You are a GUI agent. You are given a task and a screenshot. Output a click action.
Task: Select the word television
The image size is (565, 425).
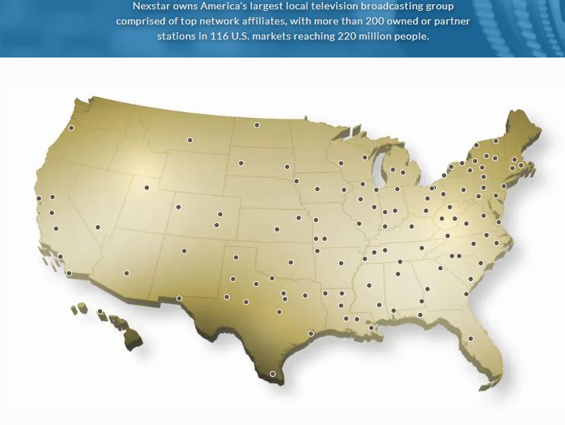pos(327,6)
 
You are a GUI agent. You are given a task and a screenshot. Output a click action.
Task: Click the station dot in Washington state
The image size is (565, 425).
pos(71,128)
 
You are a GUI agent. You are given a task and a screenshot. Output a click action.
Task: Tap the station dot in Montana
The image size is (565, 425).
pos(190,140)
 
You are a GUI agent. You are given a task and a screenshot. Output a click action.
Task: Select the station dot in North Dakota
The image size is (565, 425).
pos(257,125)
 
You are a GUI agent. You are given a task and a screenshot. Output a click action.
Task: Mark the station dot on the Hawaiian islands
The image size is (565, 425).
pos(101,312)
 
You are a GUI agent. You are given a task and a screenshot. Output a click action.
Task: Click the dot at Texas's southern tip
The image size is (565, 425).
pos(273,374)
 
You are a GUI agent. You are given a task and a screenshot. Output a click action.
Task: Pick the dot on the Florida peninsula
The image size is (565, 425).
pos(471,339)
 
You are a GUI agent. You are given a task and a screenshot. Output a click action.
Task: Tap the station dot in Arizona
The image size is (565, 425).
pos(127,273)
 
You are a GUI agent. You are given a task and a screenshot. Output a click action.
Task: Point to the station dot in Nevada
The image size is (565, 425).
pos(98,227)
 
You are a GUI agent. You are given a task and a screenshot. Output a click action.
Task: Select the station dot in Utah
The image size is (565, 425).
pos(147,188)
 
